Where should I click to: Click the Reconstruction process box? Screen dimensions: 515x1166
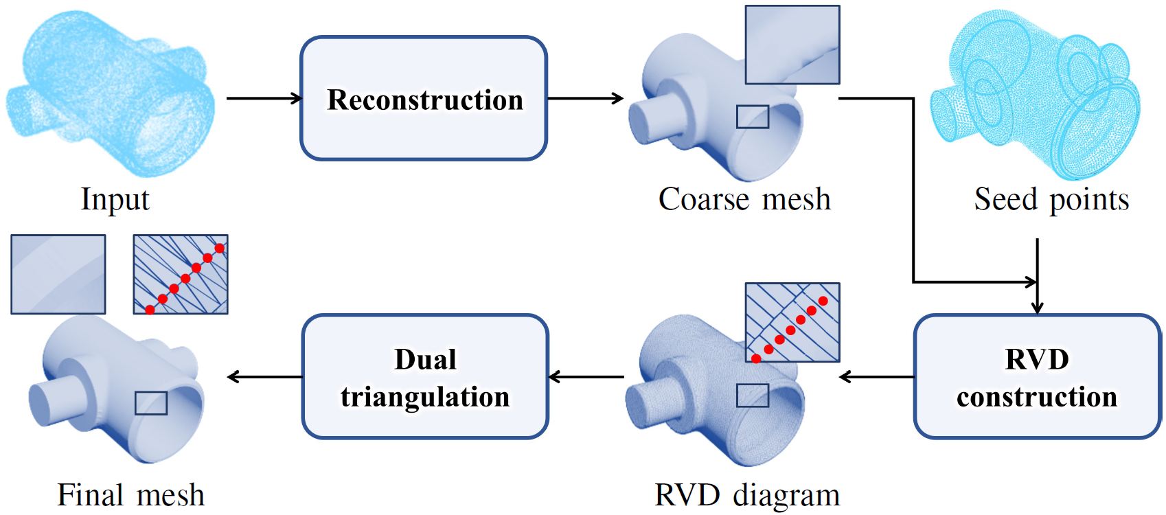click(424, 99)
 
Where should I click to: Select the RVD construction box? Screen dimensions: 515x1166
click(1037, 377)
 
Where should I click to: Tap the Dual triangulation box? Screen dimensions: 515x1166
click(425, 377)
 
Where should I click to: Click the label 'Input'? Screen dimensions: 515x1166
click(115, 200)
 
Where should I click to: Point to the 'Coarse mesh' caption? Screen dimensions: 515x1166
click(744, 200)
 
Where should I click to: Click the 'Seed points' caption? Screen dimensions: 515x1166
click(1051, 200)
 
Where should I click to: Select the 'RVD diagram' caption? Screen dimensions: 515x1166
click(747, 495)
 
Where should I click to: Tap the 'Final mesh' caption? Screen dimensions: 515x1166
click(130, 495)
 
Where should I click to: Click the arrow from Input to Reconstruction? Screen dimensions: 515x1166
click(264, 98)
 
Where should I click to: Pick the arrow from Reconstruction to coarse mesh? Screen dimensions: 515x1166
click(585, 98)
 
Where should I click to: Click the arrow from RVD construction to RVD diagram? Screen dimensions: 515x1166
click(877, 377)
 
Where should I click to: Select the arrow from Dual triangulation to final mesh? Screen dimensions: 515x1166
click(265, 377)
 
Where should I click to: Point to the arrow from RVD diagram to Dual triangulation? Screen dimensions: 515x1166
click(586, 377)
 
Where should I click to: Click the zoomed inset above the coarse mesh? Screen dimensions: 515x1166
click(792, 45)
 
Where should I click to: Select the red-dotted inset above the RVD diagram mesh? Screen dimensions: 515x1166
click(792, 322)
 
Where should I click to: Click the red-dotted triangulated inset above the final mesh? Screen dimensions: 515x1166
click(181, 275)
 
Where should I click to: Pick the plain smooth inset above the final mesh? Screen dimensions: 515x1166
click(58, 275)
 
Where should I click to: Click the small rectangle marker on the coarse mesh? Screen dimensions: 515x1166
click(753, 117)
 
